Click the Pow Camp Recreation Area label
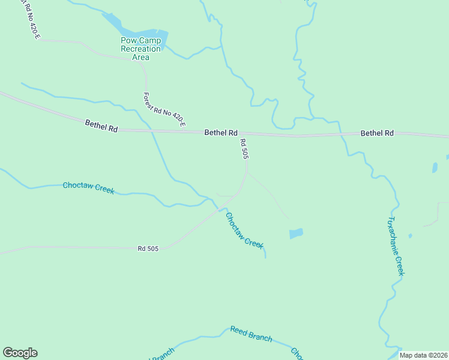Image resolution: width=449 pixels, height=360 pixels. click(x=140, y=49)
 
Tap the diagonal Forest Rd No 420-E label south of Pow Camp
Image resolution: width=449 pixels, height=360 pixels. click(x=164, y=110)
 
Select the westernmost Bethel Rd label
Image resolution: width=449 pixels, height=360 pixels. click(x=101, y=124)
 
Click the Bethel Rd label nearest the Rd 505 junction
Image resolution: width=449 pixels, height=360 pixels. click(x=221, y=133)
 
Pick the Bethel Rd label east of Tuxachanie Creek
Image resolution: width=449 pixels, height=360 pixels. click(x=377, y=133)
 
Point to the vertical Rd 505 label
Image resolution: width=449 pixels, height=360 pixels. click(x=244, y=149)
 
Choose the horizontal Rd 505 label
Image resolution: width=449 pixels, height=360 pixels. click(x=148, y=248)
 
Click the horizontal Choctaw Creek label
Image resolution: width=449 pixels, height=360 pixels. click(x=88, y=187)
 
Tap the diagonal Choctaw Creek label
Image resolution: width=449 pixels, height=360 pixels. click(x=244, y=230)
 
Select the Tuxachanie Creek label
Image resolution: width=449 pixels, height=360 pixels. click(x=397, y=246)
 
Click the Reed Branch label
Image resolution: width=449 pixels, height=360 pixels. click(x=251, y=334)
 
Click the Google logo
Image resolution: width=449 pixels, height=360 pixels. click(x=20, y=353)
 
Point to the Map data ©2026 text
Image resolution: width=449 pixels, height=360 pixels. click(x=423, y=355)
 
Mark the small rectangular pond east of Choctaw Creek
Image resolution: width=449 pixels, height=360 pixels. click(x=296, y=233)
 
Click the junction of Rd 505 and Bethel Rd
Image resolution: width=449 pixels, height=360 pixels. click(x=246, y=133)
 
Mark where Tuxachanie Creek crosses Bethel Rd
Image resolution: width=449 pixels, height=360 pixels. click(x=342, y=134)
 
